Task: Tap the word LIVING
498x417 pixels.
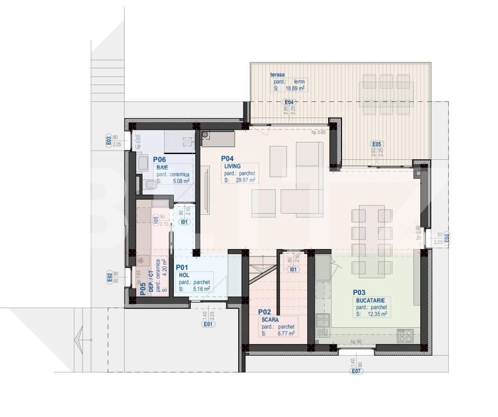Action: point(232,166)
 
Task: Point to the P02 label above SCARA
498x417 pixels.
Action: point(265,312)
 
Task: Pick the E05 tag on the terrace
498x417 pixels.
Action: point(377,144)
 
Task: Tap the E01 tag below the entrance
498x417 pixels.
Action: point(208,324)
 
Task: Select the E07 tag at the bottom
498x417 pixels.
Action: point(357,371)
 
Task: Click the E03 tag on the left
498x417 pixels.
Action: point(108,140)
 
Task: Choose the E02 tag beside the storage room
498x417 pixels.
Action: point(110,278)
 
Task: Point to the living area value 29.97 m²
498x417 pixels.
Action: point(246,180)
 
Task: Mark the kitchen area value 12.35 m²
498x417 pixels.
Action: point(377,314)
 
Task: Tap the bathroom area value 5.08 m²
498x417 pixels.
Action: point(181,181)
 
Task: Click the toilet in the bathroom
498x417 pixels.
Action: point(150,185)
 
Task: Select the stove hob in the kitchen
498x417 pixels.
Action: point(405,335)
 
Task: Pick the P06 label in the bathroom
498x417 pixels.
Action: point(160,159)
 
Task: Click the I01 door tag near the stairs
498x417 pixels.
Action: point(294,269)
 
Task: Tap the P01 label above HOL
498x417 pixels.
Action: point(182,267)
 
